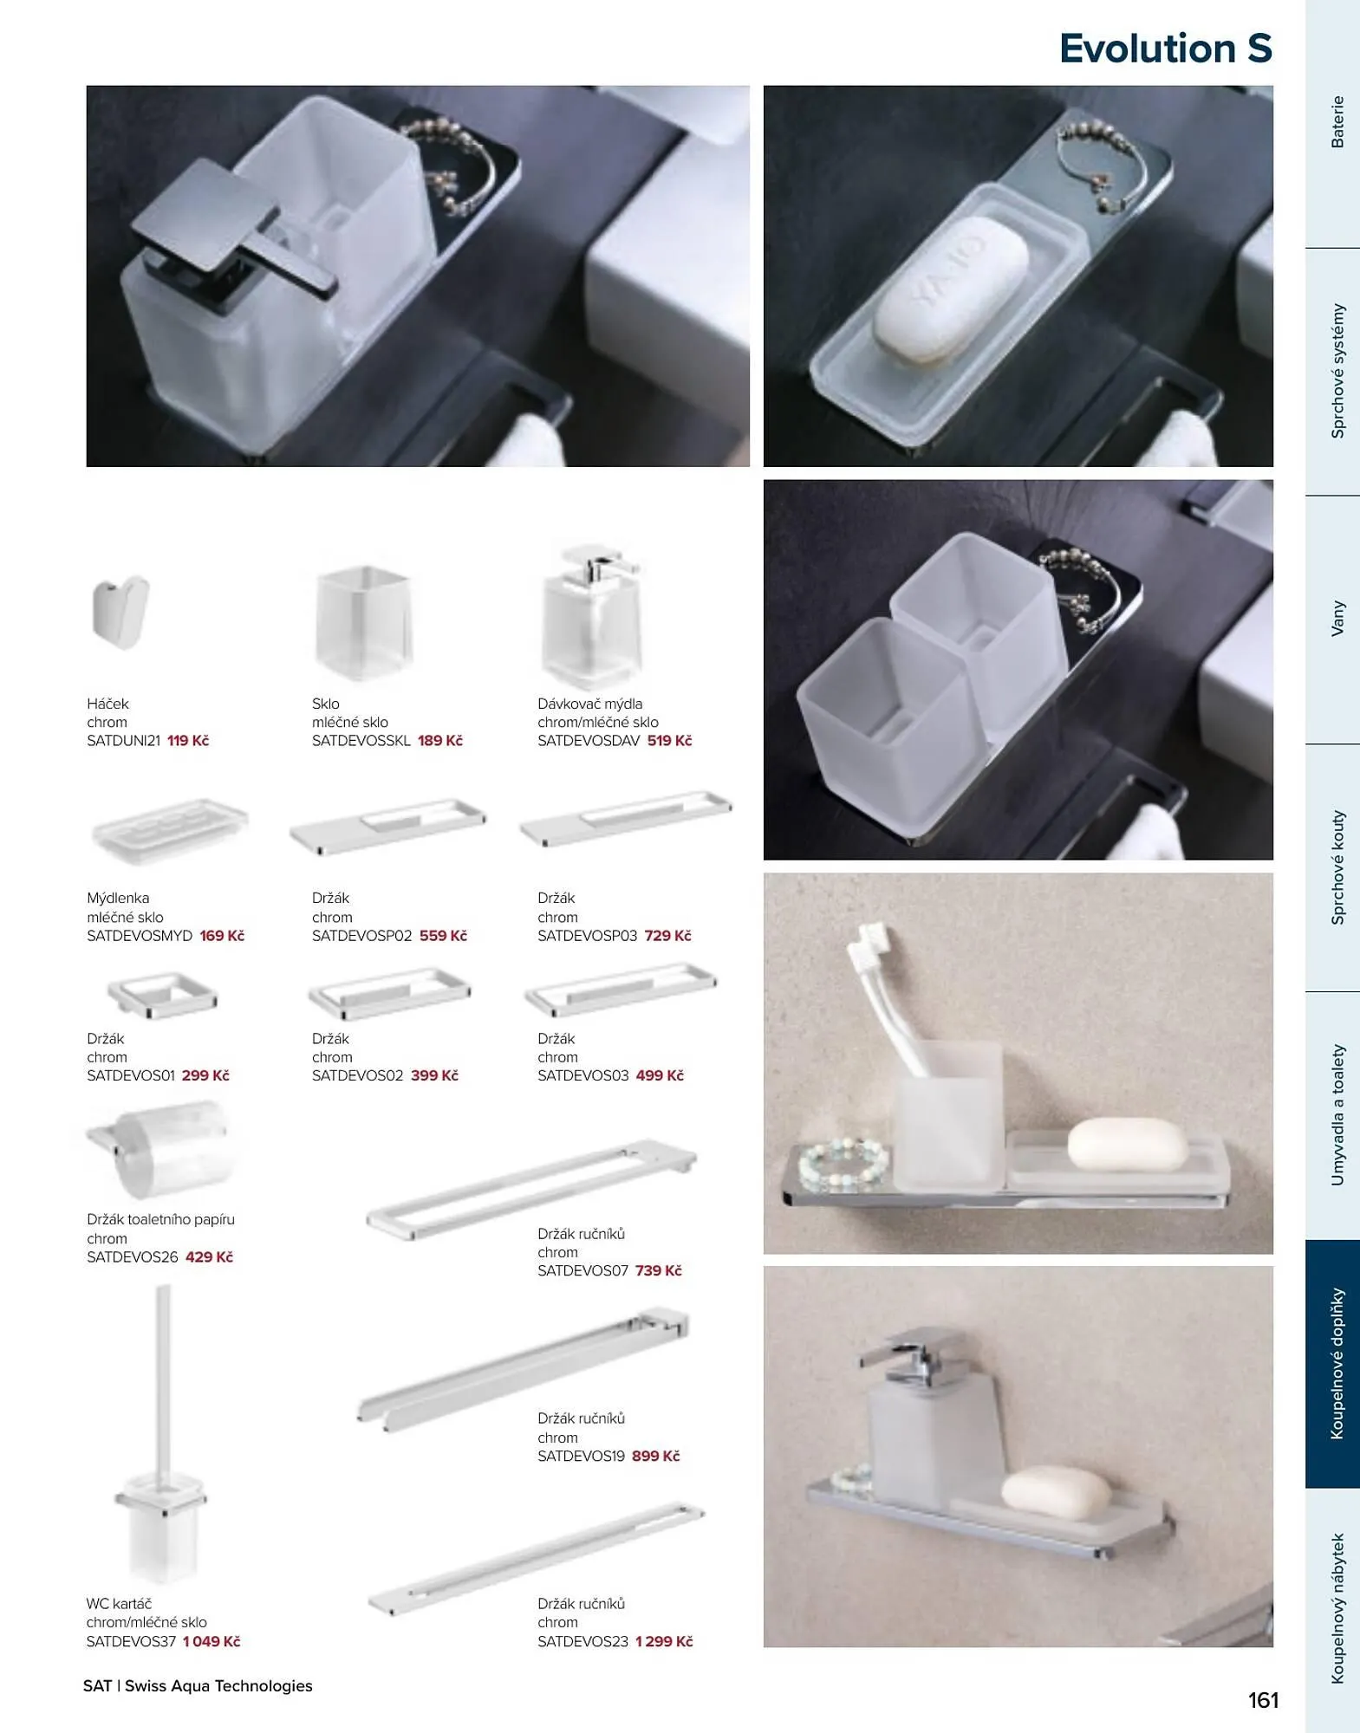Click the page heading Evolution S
(x=1165, y=49)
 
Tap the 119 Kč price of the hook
(x=188, y=741)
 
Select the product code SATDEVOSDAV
(x=589, y=741)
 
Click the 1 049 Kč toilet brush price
(x=211, y=1641)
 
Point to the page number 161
(x=1263, y=1700)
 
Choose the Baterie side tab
(x=1337, y=122)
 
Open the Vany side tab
(x=1337, y=620)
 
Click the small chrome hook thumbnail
(x=120, y=612)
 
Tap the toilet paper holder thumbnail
(x=160, y=1148)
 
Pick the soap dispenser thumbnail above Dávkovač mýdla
(x=591, y=616)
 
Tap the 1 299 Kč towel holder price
(x=664, y=1641)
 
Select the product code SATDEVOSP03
(x=587, y=936)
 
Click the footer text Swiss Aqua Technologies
(x=218, y=1685)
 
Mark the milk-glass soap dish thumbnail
(x=170, y=830)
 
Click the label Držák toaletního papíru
(x=160, y=1219)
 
